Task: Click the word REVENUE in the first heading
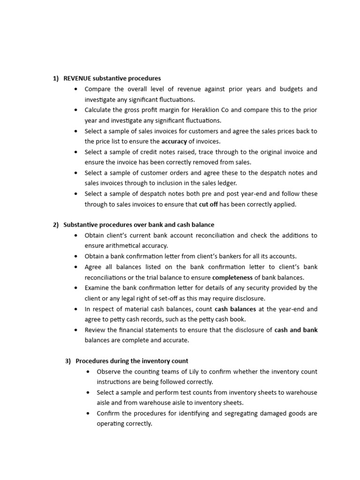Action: pyautogui.click(x=77, y=78)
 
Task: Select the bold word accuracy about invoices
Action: pyautogui.click(x=174, y=141)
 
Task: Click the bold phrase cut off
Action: pyautogui.click(x=208, y=204)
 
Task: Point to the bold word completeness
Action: pyautogui.click(x=232, y=277)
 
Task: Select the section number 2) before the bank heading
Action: pyautogui.click(x=56, y=225)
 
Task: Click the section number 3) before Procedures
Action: pyautogui.click(x=68, y=361)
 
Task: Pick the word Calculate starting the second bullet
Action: pyautogui.click(x=98, y=110)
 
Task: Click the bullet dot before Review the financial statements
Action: pyautogui.click(x=76, y=330)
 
